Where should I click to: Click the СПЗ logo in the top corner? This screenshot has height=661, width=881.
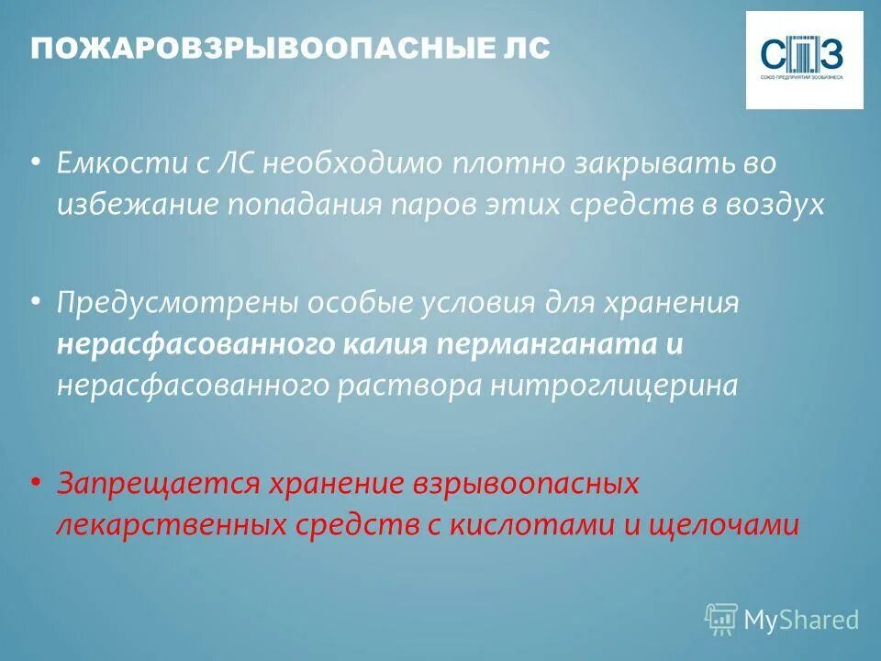pos(804,60)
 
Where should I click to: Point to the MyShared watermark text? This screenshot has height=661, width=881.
pos(801,620)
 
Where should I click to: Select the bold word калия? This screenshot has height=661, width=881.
pos(387,344)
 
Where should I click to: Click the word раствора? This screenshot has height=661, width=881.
pos(409,386)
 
